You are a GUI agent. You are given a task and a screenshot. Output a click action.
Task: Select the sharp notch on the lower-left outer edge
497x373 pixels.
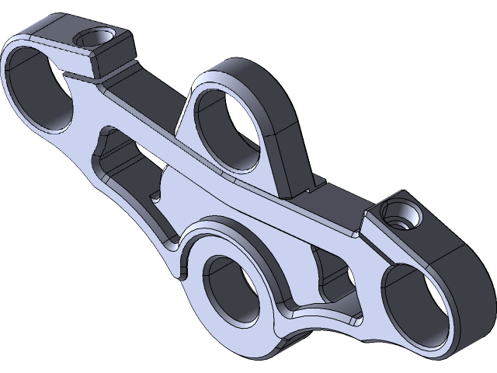180,274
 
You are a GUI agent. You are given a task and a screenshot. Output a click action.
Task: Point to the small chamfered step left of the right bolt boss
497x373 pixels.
360,228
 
